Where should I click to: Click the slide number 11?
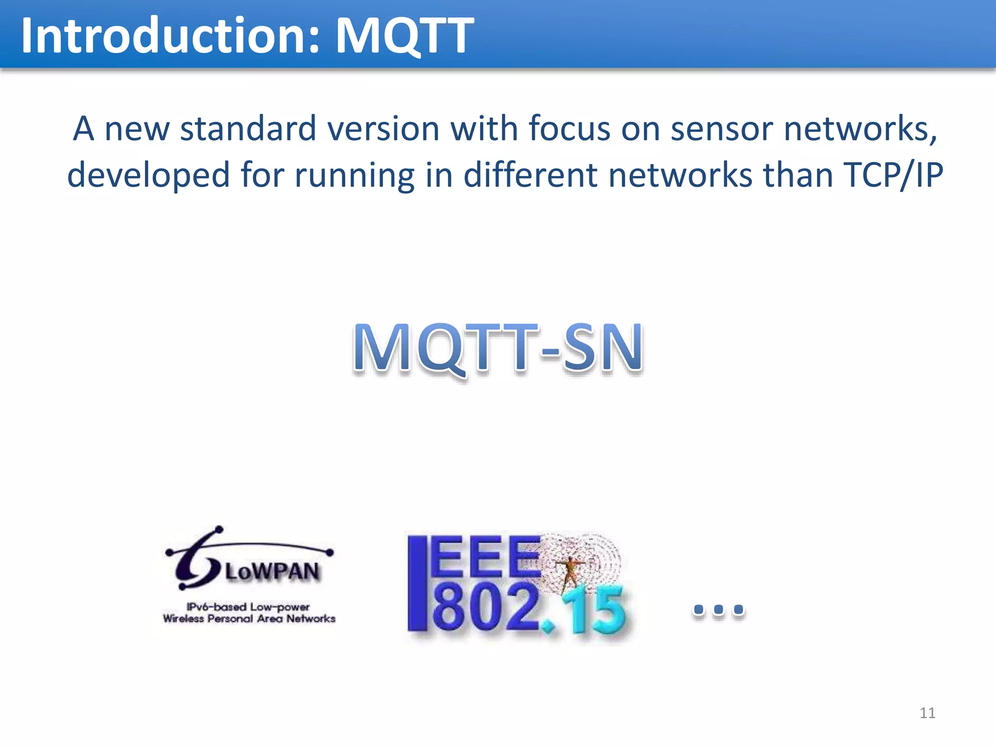927,713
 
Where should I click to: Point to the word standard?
248,129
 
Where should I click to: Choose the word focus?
569,129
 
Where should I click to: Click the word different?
530,175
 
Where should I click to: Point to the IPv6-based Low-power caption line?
248,607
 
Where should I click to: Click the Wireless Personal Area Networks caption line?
249,619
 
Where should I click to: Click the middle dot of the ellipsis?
719,609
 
